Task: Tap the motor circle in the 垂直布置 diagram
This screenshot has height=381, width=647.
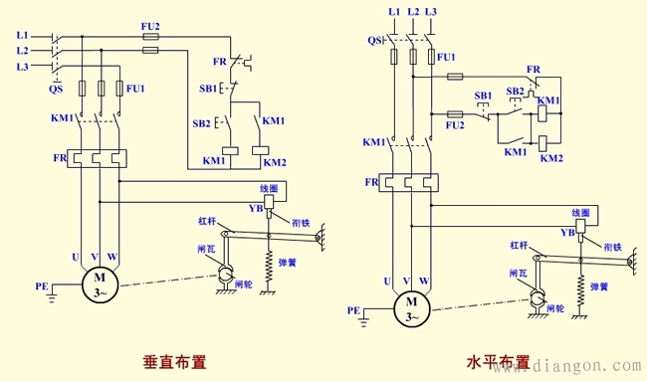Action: (100, 284)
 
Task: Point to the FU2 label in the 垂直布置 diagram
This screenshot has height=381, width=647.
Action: (150, 25)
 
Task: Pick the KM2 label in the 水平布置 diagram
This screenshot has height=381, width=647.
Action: (550, 158)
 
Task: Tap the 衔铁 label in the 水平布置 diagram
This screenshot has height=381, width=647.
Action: (610, 247)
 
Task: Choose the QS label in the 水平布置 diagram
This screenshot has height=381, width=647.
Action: (375, 41)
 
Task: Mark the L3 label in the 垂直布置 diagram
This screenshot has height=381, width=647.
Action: (23, 66)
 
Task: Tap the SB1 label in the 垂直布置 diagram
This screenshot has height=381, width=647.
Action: (208, 89)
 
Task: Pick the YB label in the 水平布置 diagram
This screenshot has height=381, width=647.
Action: (566, 233)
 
